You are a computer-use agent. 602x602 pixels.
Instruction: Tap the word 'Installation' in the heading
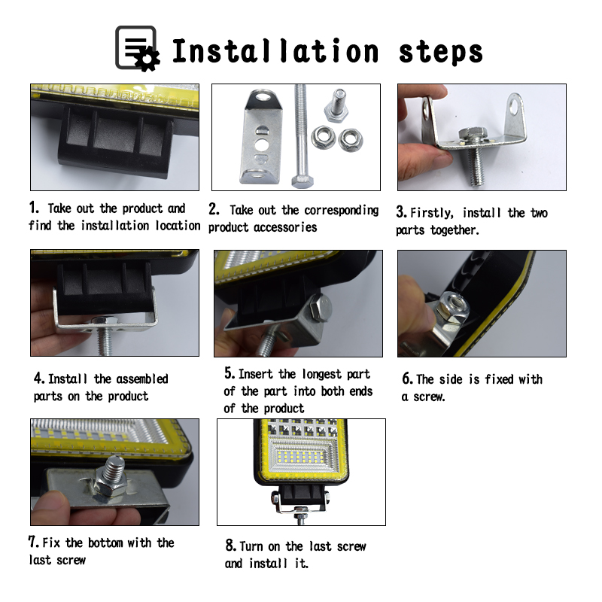[275, 51]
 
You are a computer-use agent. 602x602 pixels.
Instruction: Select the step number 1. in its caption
[34, 208]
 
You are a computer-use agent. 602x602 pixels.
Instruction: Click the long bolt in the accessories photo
[300, 135]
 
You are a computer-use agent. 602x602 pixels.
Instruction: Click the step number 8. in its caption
[231, 546]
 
